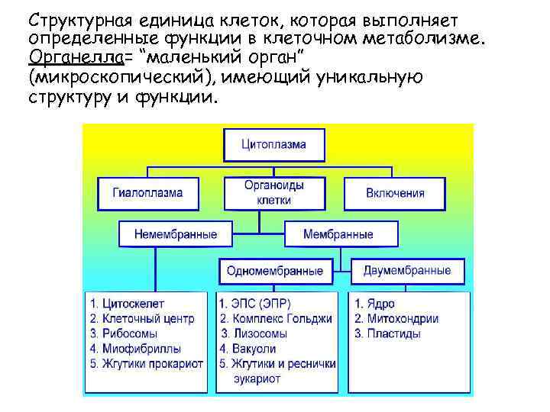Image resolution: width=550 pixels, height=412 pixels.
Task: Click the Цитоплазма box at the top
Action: (273, 144)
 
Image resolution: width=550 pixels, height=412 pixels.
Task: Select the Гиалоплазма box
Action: (148, 193)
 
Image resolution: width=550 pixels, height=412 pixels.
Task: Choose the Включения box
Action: (395, 193)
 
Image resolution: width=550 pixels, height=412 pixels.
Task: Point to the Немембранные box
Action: (175, 234)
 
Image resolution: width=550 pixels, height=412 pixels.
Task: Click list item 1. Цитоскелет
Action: (127, 304)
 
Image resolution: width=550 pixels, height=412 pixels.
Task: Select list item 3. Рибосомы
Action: (124, 333)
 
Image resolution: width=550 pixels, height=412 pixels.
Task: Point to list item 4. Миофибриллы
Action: (131, 349)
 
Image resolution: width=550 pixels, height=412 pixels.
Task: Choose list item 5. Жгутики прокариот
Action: (146, 363)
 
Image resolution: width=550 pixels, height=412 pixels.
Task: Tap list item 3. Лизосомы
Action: (254, 333)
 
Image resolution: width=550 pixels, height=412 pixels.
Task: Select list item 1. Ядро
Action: (374, 304)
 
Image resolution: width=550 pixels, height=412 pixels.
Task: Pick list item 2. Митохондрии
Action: (396, 319)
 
